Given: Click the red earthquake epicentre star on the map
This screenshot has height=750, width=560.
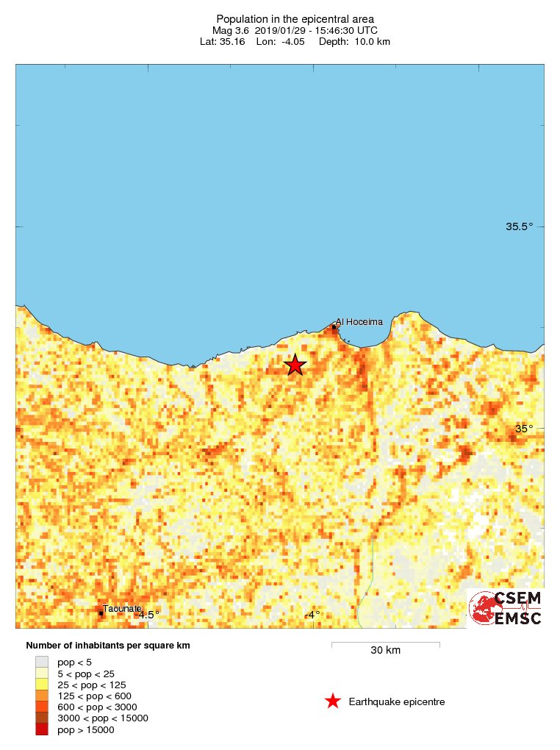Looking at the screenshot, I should [295, 365].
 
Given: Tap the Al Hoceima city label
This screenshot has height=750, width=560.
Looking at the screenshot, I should [359, 321].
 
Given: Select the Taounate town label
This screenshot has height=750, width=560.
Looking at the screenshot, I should [122, 609].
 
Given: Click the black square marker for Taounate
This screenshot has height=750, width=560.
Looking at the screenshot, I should [101, 613].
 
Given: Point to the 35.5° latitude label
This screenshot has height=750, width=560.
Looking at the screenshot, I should [519, 226].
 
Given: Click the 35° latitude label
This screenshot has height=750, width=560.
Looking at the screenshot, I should [523, 429].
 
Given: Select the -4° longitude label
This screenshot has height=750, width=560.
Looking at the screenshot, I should [312, 615].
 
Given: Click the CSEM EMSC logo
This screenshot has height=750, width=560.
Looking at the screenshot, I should [506, 607].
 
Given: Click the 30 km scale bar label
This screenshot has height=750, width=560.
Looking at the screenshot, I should [385, 650].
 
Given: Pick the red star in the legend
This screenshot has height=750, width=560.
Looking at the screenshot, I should [333, 701].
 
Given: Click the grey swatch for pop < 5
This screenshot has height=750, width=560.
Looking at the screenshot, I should [43, 662].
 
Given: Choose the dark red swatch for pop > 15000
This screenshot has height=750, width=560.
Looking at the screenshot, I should [43, 729].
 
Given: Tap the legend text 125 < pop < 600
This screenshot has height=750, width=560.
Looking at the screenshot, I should [94, 696].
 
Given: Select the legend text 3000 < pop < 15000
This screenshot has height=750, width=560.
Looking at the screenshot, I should [103, 718].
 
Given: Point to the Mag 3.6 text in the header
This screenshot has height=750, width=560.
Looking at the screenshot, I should [230, 30].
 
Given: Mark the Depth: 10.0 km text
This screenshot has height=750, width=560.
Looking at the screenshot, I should [354, 42].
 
